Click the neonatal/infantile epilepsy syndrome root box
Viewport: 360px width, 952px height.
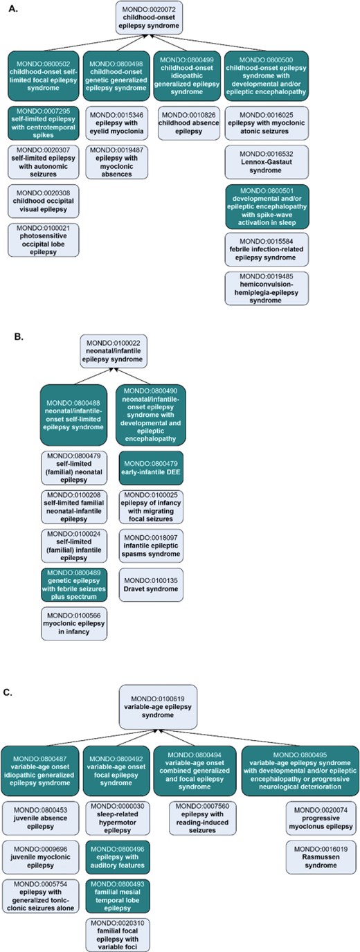click(112, 350)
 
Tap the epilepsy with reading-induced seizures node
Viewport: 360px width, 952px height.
click(195, 819)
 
